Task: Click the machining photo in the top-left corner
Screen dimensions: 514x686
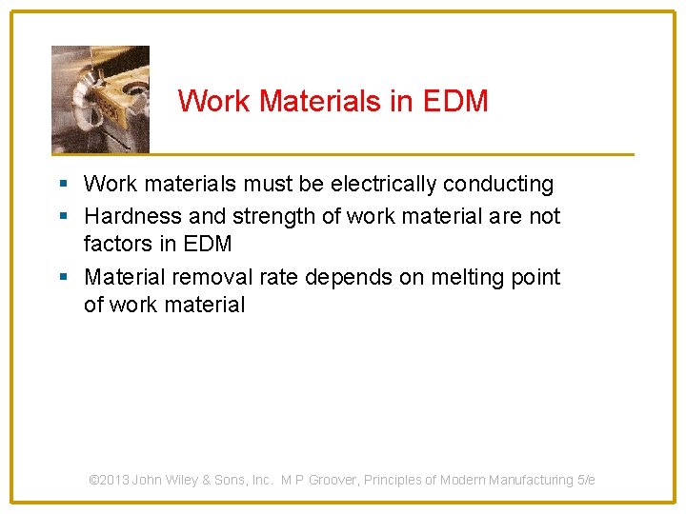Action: [100, 99]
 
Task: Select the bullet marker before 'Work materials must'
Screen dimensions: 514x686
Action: [63, 184]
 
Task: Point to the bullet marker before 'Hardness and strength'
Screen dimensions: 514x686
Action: [63, 217]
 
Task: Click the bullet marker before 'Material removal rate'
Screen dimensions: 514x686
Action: [63, 278]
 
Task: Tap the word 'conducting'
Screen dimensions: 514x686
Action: [498, 184]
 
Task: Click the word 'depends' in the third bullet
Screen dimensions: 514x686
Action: [336, 277]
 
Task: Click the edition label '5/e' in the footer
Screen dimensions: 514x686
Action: [586, 481]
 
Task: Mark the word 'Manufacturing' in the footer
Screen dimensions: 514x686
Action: [531, 481]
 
